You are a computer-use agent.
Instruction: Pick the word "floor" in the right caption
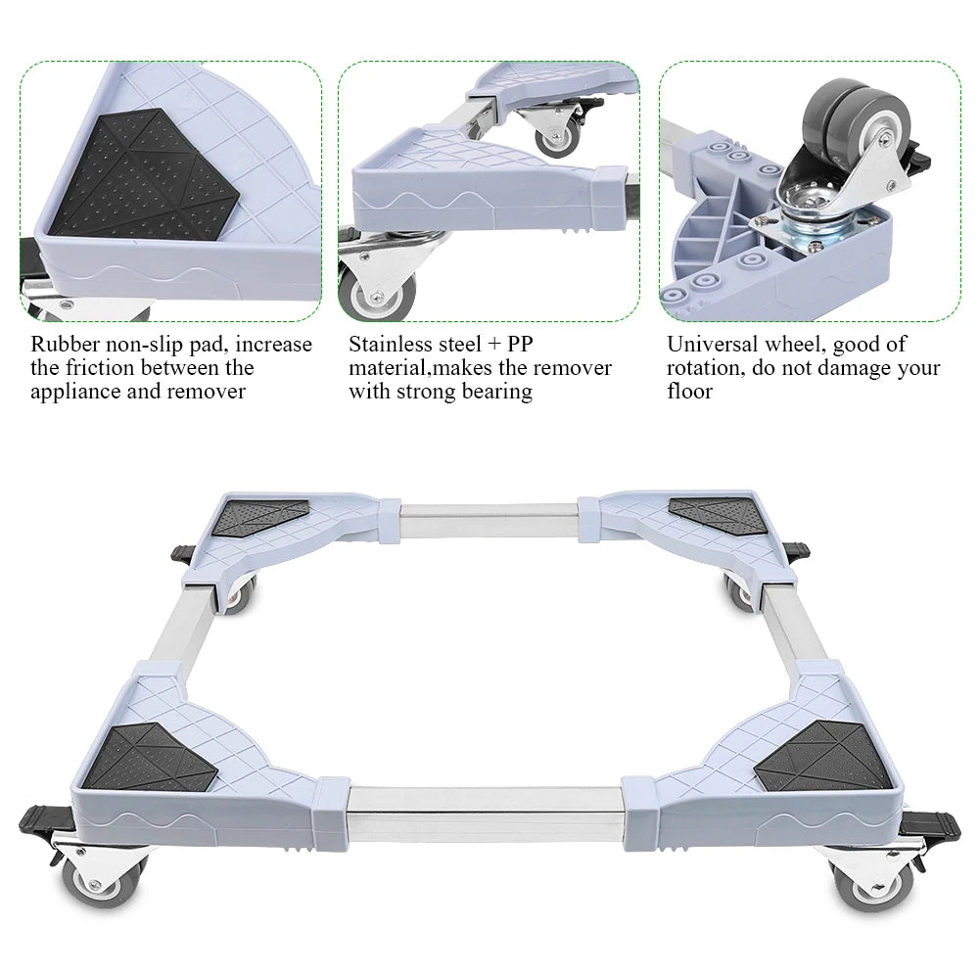(689, 392)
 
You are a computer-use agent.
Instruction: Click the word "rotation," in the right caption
(706, 368)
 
